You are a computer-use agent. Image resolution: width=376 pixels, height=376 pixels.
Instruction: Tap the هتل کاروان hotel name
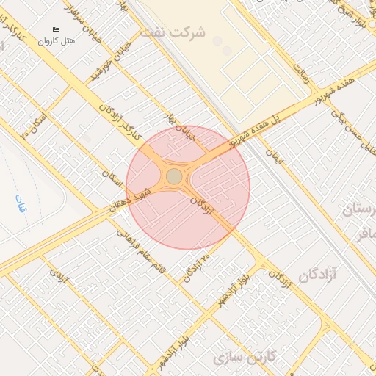(x=57, y=40)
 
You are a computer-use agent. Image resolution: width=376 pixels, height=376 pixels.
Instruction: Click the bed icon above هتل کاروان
(x=56, y=29)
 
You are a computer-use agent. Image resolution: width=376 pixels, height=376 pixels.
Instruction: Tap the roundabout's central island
(x=174, y=177)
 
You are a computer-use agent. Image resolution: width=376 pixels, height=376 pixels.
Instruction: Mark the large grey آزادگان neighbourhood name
(x=317, y=275)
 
